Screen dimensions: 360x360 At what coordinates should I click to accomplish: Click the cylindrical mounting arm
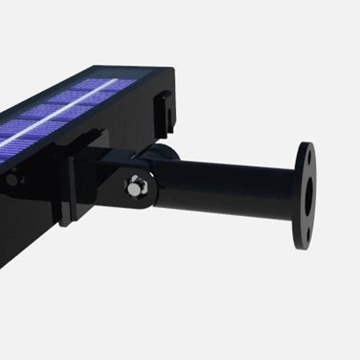point(223,187)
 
